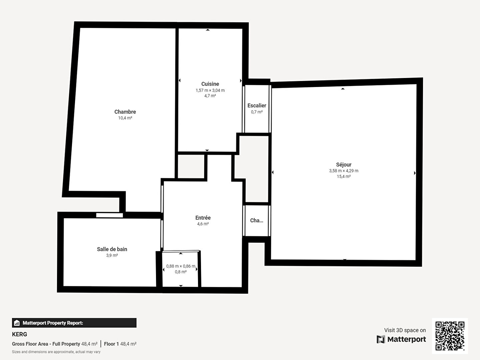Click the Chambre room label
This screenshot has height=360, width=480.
125,112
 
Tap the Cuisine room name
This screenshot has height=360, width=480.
210,84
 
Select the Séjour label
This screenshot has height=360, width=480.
344,164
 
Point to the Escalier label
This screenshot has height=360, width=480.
257,106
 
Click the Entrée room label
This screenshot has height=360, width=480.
203,218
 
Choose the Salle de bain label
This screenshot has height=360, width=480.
112,249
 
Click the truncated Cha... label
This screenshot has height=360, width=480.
257,220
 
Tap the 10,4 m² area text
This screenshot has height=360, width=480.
125,118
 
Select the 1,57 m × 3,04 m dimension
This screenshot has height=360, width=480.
210,90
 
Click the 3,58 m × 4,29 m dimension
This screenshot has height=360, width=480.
344,171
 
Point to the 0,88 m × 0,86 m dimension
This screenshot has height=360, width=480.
181,266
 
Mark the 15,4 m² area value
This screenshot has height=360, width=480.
344,176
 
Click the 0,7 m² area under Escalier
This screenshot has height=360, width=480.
257,112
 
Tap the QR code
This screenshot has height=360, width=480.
450,336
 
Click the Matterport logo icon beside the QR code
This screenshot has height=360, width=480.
381,339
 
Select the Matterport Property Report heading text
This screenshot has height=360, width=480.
53,323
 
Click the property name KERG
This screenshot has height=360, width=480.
19,334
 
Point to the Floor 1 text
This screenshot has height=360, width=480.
111,344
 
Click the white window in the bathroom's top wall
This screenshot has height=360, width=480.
110,215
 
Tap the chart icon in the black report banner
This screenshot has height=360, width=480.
17,323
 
